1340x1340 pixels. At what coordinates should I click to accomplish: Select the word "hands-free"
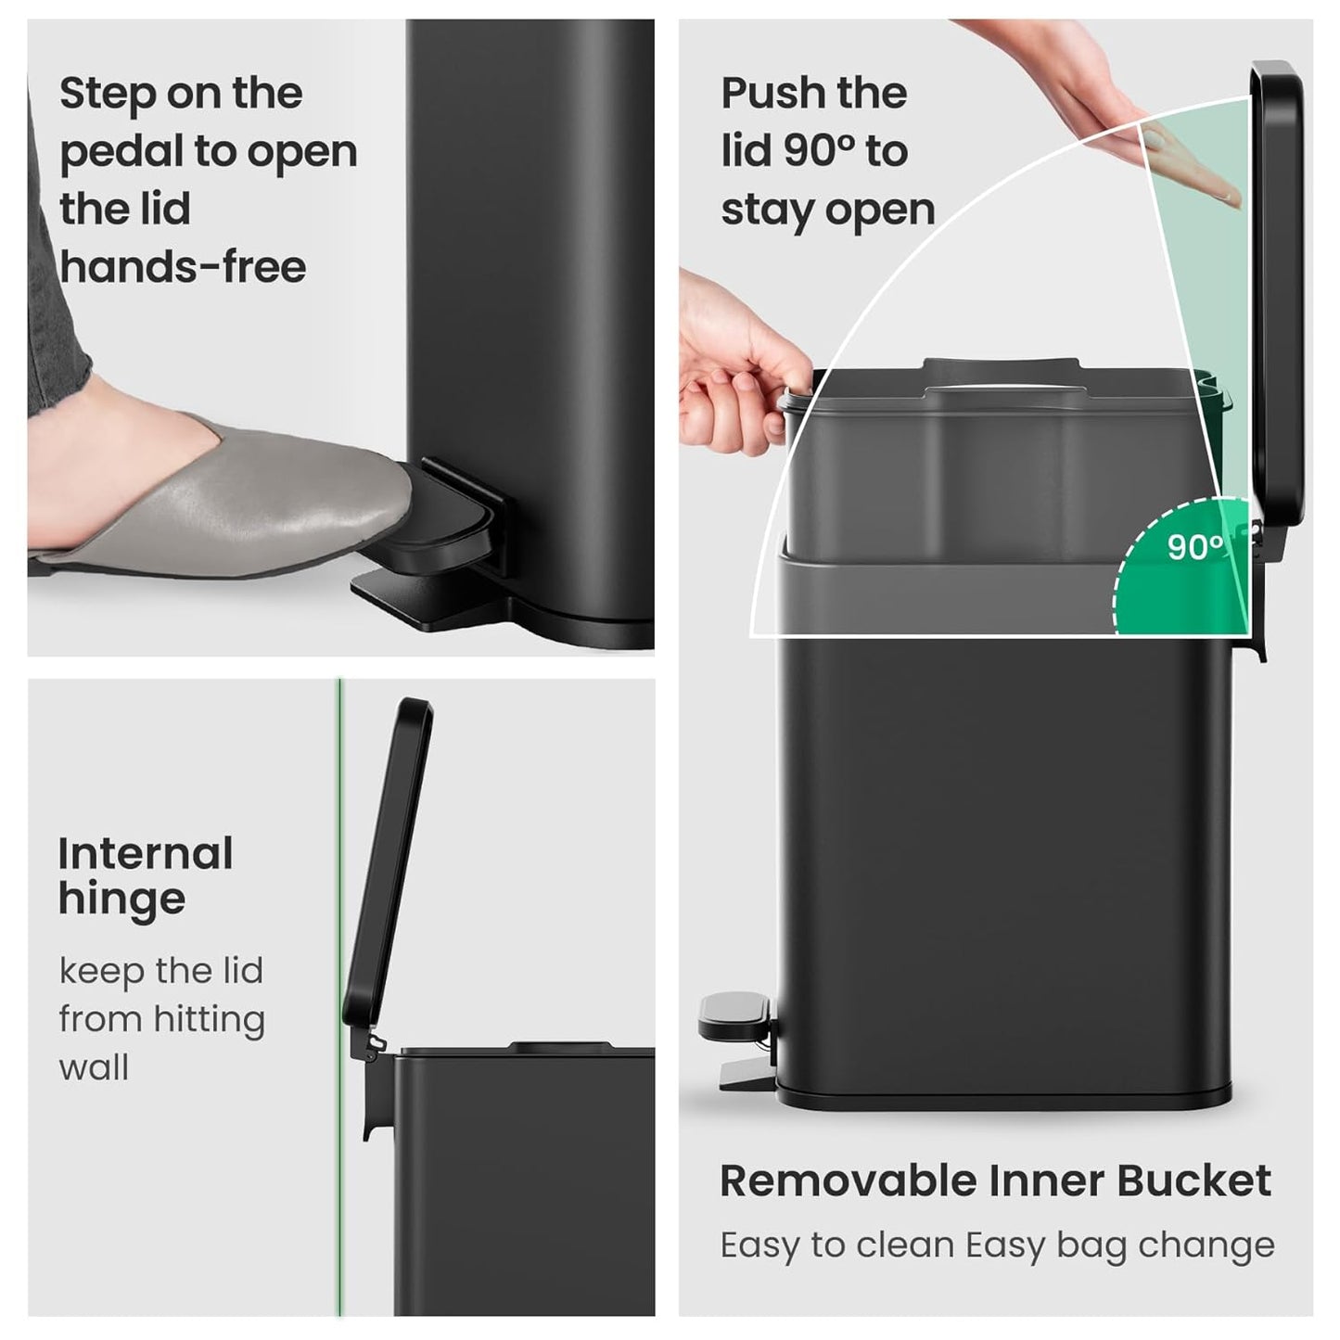coord(183,267)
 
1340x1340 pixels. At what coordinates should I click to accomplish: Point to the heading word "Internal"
coord(146,854)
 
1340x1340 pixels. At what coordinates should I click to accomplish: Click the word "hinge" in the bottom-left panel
coord(121,900)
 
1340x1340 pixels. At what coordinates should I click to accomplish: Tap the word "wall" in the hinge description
coord(94,1067)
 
